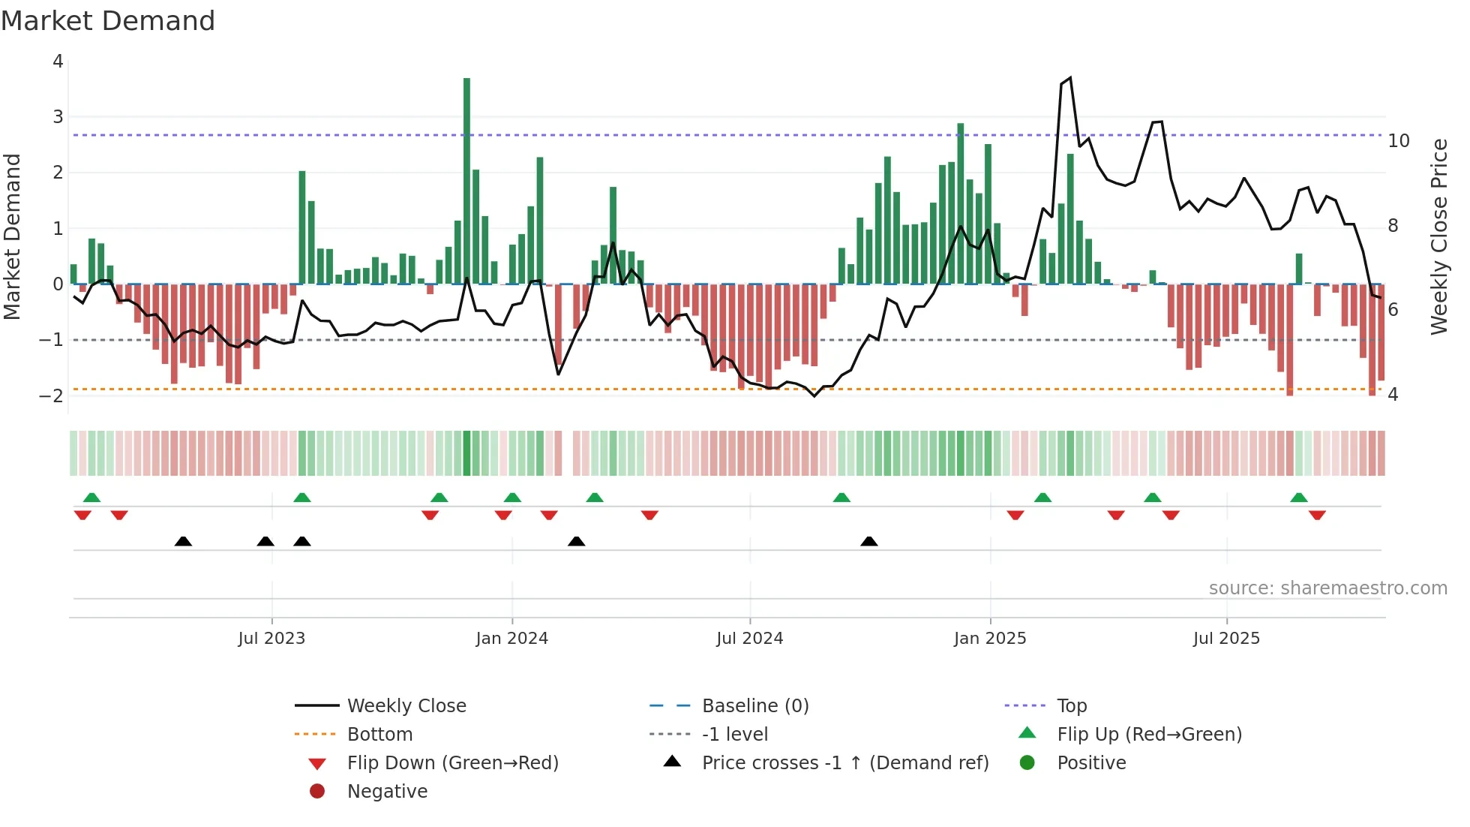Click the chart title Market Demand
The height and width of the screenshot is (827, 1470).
pos(108,21)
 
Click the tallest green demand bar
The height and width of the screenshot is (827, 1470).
pos(466,180)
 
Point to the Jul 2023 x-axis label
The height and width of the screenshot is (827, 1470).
pos(271,639)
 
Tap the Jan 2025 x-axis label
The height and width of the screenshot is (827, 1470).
pos(990,639)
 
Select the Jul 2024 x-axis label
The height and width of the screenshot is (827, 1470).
pos(749,639)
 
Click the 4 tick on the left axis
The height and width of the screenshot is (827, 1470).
pos(58,62)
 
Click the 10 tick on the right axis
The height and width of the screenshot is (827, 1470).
pos(1398,141)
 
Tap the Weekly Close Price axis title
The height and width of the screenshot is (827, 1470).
pos(1438,236)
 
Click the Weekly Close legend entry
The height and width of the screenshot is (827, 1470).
pos(406,706)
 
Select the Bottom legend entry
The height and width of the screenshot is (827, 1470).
pos(379,735)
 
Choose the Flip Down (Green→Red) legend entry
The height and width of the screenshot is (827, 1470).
pos(452,763)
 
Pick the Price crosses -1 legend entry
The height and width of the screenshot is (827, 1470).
pos(844,763)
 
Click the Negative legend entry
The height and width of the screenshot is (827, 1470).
pos(387,792)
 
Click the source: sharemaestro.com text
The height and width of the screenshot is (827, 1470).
pos(1327,588)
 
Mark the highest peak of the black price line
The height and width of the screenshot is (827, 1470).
pos(1070,78)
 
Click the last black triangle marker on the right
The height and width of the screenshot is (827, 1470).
pos(868,541)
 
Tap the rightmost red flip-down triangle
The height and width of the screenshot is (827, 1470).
pos(1317,515)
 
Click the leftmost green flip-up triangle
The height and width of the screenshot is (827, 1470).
pos(91,498)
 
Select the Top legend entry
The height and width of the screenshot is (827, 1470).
pos(1071,706)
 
